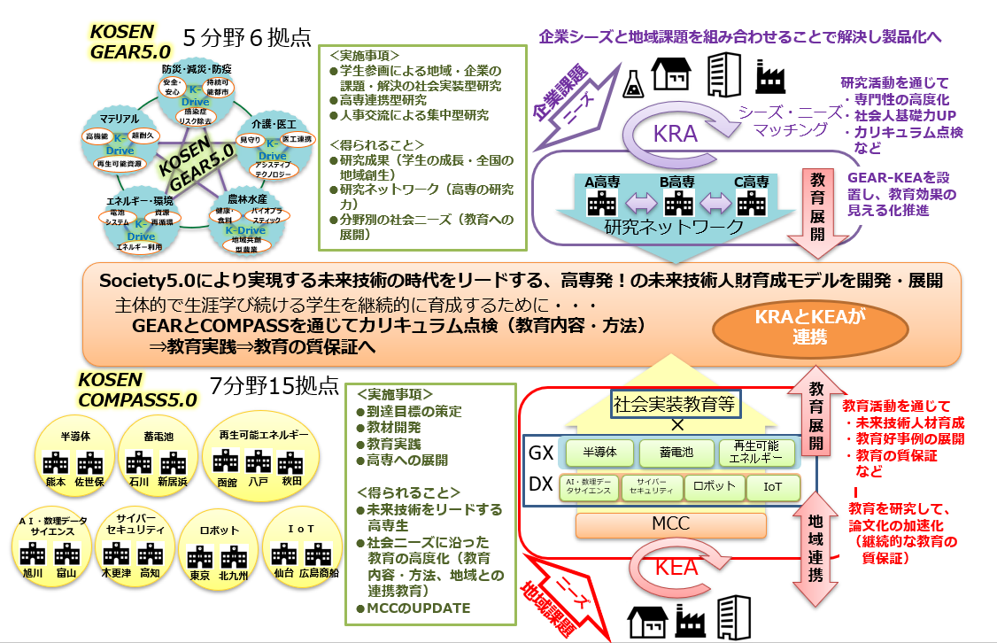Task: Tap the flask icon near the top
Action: pos(632,79)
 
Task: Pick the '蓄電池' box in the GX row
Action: pos(676,453)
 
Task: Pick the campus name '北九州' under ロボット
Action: pos(232,575)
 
